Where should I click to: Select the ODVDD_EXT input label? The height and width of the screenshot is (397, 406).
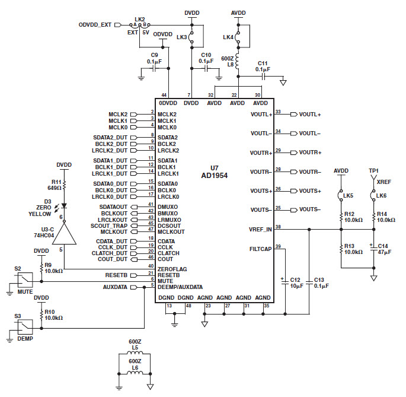coord(95,25)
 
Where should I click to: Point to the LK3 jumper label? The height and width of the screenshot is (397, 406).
coord(181,37)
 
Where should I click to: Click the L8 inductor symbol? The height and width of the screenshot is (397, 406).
coord(238,61)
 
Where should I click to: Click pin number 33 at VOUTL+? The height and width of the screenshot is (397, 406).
coord(278,113)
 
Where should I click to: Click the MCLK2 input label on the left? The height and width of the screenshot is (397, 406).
coord(118,114)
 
